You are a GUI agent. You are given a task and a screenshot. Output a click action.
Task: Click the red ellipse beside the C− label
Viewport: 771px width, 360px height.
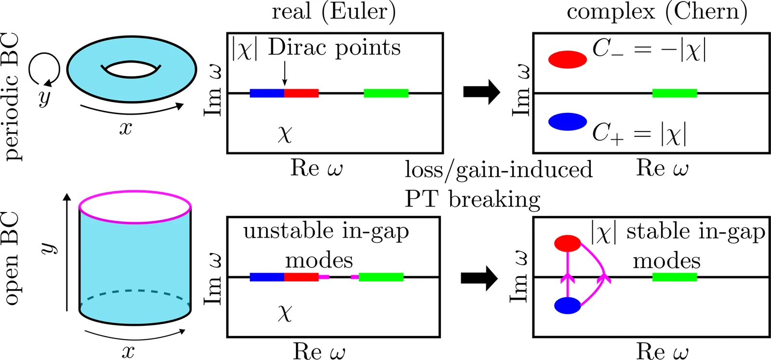point(568,59)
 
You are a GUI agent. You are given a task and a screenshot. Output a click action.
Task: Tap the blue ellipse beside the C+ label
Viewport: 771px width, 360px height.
point(568,122)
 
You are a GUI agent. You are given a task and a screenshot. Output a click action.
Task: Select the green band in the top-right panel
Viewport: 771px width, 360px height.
point(674,93)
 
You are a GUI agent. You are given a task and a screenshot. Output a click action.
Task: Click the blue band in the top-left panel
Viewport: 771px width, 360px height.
point(266,93)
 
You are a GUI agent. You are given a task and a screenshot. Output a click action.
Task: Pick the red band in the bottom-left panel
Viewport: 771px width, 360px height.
point(301,277)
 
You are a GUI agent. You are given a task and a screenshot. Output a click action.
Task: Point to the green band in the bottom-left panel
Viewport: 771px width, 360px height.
point(381,277)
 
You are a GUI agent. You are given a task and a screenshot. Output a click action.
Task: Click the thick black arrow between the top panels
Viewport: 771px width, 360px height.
point(481,92)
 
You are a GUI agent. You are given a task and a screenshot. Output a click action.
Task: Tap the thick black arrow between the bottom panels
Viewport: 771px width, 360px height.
point(479,278)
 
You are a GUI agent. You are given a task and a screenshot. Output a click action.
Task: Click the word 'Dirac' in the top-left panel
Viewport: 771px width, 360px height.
point(297,48)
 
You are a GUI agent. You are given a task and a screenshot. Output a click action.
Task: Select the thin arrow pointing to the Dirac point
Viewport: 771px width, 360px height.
point(284,75)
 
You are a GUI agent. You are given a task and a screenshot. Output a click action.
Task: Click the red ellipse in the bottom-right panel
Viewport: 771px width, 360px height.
point(568,243)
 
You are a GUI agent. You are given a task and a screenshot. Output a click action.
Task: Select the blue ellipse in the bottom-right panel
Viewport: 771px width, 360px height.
point(568,306)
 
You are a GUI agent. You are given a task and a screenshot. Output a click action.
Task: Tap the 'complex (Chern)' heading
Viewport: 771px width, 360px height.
point(657,12)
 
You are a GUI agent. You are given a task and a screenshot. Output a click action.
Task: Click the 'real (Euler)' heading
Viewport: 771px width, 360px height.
point(333,12)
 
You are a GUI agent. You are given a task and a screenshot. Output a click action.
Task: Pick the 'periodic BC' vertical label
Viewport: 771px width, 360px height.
point(12,96)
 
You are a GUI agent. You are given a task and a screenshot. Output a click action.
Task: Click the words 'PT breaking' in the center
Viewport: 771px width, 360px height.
point(472,199)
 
